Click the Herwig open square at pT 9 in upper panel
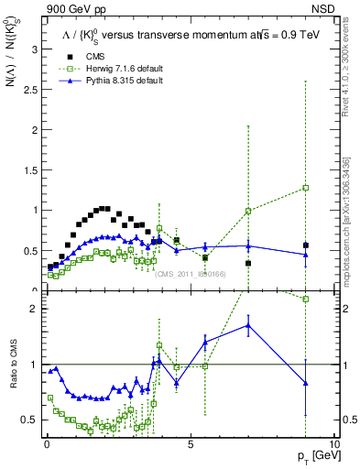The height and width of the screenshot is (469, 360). pyautogui.click(x=306, y=188)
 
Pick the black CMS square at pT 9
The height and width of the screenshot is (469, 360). pyautogui.click(x=306, y=245)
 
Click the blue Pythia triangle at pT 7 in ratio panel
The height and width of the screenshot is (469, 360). pyautogui.click(x=248, y=325)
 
